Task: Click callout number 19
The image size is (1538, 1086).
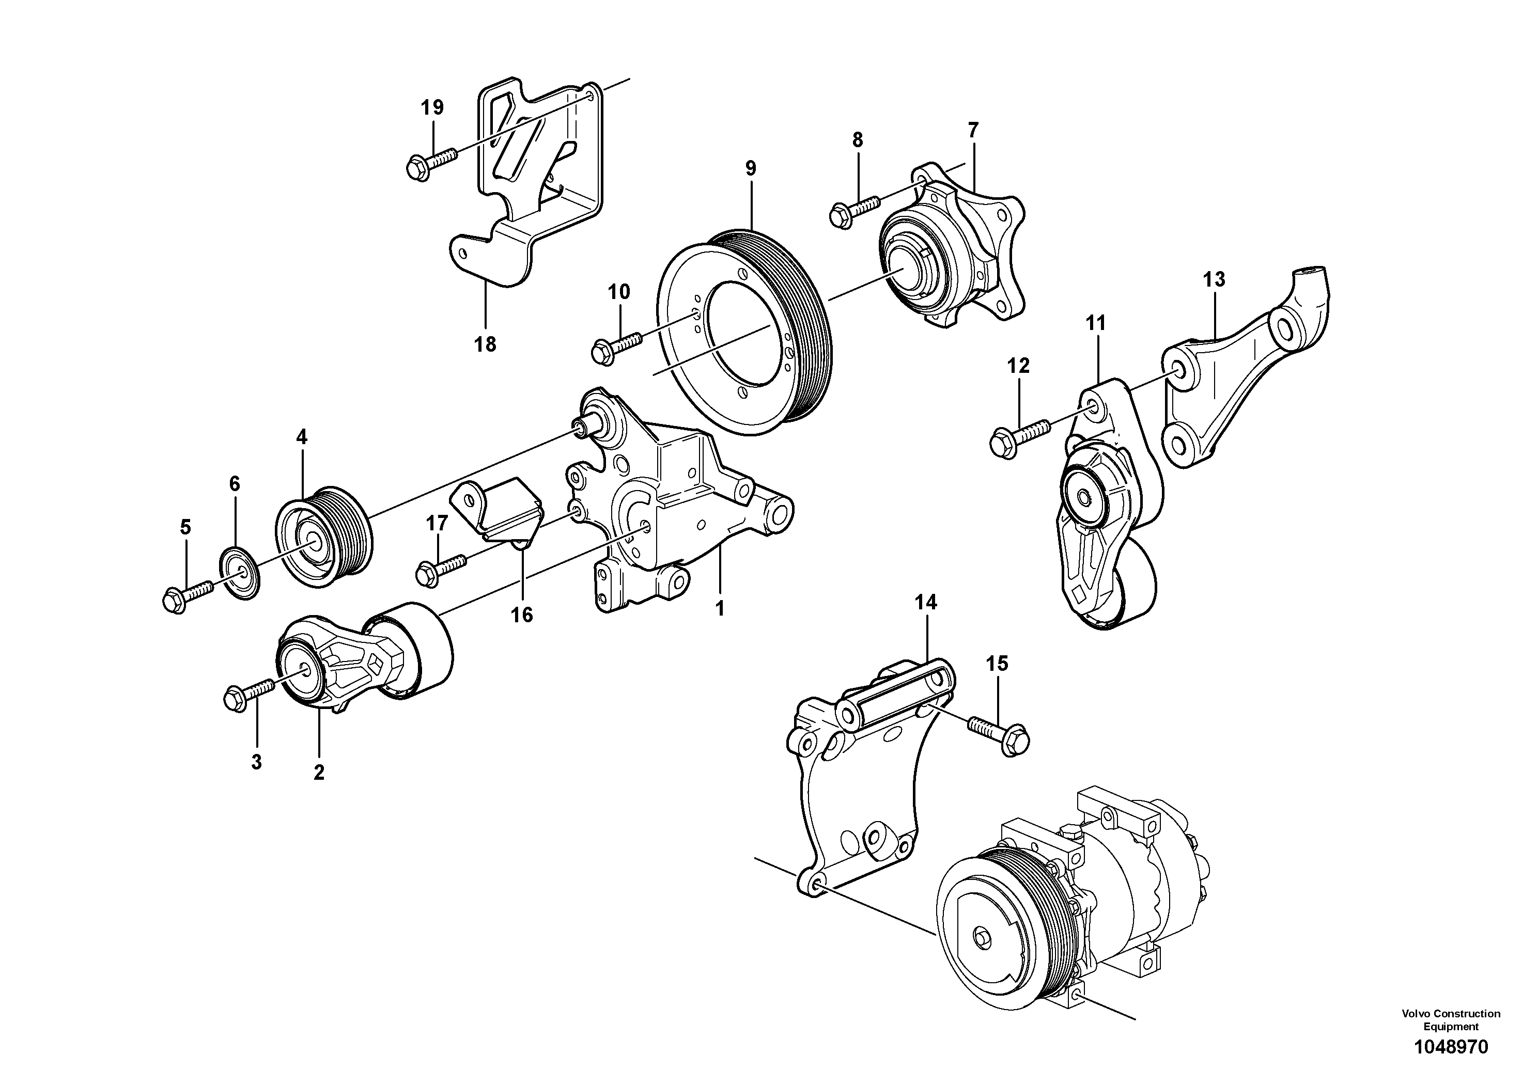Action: coord(433,107)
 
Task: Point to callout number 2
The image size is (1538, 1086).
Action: coord(319,772)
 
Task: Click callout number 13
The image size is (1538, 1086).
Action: coord(1214,279)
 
